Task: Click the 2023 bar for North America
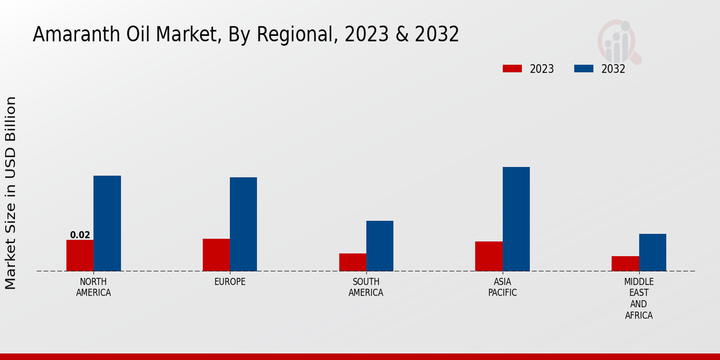click(x=80, y=256)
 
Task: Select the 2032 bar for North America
click(x=107, y=223)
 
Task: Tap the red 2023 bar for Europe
click(x=216, y=255)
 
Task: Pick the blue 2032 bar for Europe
click(x=243, y=224)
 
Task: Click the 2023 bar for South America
click(x=352, y=262)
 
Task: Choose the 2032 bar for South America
click(x=380, y=246)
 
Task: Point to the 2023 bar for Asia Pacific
click(x=488, y=256)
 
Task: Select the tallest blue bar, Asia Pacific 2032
click(x=516, y=219)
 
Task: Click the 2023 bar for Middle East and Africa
click(x=625, y=263)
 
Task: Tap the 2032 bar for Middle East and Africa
click(x=652, y=252)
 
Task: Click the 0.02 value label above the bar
click(x=80, y=235)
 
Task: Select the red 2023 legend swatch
click(x=512, y=68)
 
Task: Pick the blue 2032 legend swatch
click(x=583, y=68)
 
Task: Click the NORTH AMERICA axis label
click(x=94, y=287)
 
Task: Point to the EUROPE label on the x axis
click(x=230, y=281)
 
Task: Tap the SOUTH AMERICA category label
click(x=366, y=287)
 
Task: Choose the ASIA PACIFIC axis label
click(x=502, y=287)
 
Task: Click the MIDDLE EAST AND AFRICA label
click(x=638, y=298)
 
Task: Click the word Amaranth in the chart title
click(x=71, y=35)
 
